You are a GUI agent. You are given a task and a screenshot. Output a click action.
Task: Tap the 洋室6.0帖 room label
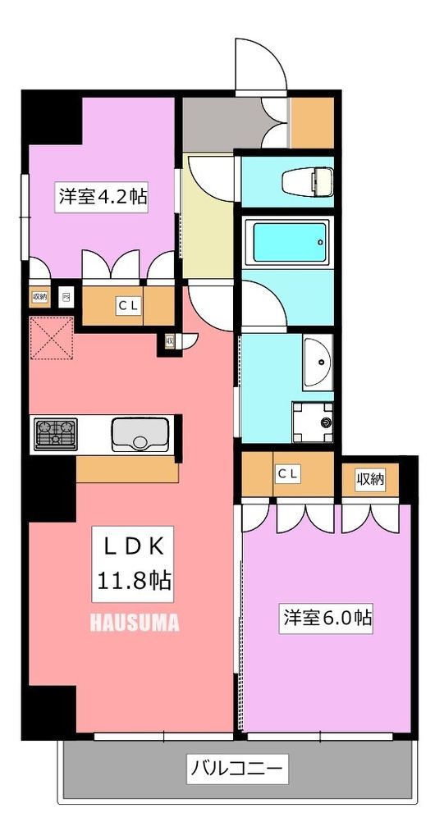(328, 617)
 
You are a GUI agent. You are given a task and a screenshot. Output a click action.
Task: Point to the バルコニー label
(237, 769)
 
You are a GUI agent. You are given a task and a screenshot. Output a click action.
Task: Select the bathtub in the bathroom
(291, 240)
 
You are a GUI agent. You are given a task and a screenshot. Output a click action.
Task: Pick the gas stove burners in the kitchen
(55, 432)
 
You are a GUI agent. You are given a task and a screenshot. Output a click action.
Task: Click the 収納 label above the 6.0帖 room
(369, 479)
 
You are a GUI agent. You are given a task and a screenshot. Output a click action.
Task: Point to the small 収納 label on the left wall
(39, 296)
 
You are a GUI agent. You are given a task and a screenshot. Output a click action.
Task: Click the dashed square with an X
(51, 338)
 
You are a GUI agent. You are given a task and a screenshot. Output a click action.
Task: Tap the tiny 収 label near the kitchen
(168, 340)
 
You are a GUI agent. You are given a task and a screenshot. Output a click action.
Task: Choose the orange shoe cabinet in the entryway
(312, 123)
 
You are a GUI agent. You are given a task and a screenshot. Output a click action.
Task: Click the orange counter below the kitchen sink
(127, 469)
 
